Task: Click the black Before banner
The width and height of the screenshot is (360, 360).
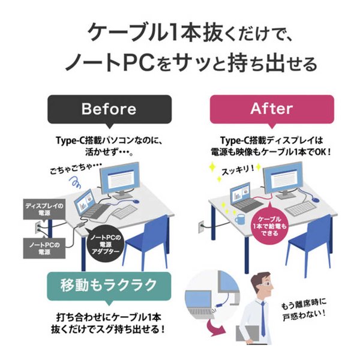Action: click(109, 109)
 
